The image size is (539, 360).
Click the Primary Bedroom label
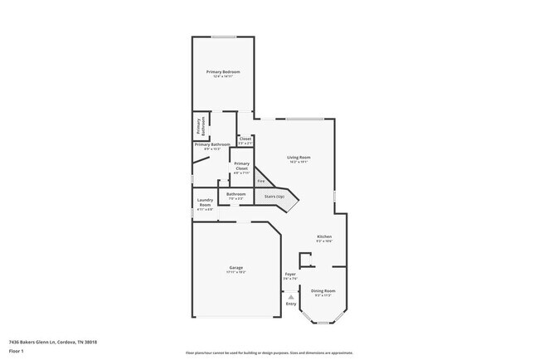coord(223,72)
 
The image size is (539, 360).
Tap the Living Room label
coord(299,157)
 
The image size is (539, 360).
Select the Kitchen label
coord(324,236)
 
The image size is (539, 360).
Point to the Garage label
coord(236,267)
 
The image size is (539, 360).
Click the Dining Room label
coord(323,290)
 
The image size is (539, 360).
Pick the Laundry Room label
coord(205,202)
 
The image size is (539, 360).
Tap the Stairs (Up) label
coord(274,197)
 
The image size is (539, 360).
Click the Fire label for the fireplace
coord(260,180)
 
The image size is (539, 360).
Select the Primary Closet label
coord(241,165)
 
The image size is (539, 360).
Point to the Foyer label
coord(290,274)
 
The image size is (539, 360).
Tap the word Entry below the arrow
coord(290,304)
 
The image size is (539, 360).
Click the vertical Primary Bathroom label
coord(199,126)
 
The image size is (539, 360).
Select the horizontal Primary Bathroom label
coord(212,144)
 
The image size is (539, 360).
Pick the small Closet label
coord(245,139)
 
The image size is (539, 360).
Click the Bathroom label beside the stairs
coord(236,194)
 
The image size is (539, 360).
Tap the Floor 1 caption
coord(17,351)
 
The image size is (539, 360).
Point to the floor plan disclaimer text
coord(269,353)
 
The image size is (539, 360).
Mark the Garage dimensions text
coord(236,272)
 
